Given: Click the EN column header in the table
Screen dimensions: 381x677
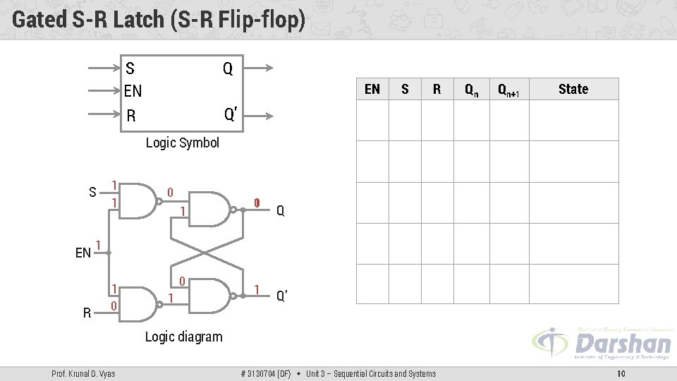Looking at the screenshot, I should tap(372, 89).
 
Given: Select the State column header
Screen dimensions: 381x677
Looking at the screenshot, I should tap(573, 89).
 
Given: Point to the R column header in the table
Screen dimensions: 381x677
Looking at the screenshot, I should tap(437, 89).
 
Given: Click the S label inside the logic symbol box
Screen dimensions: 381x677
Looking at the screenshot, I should tap(130, 68).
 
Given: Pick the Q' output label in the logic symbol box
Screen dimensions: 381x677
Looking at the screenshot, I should tap(230, 114).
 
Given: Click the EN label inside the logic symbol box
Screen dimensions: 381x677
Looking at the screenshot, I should tap(133, 91).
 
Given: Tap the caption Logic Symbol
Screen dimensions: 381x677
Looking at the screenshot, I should tap(182, 143).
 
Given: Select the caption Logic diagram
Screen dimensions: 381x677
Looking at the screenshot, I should tap(183, 337).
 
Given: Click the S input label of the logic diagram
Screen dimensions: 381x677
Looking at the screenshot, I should tap(92, 192).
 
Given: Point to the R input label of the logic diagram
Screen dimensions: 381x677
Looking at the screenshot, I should tap(87, 312).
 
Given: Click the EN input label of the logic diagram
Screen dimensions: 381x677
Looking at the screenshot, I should tap(83, 253).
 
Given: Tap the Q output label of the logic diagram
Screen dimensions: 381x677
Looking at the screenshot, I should tap(281, 210).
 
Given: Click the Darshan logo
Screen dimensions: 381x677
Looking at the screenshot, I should tap(603, 344).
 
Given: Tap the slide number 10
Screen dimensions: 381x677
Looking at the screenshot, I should tap(621, 373).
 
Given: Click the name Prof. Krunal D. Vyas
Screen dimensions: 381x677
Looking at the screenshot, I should tap(83, 373).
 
